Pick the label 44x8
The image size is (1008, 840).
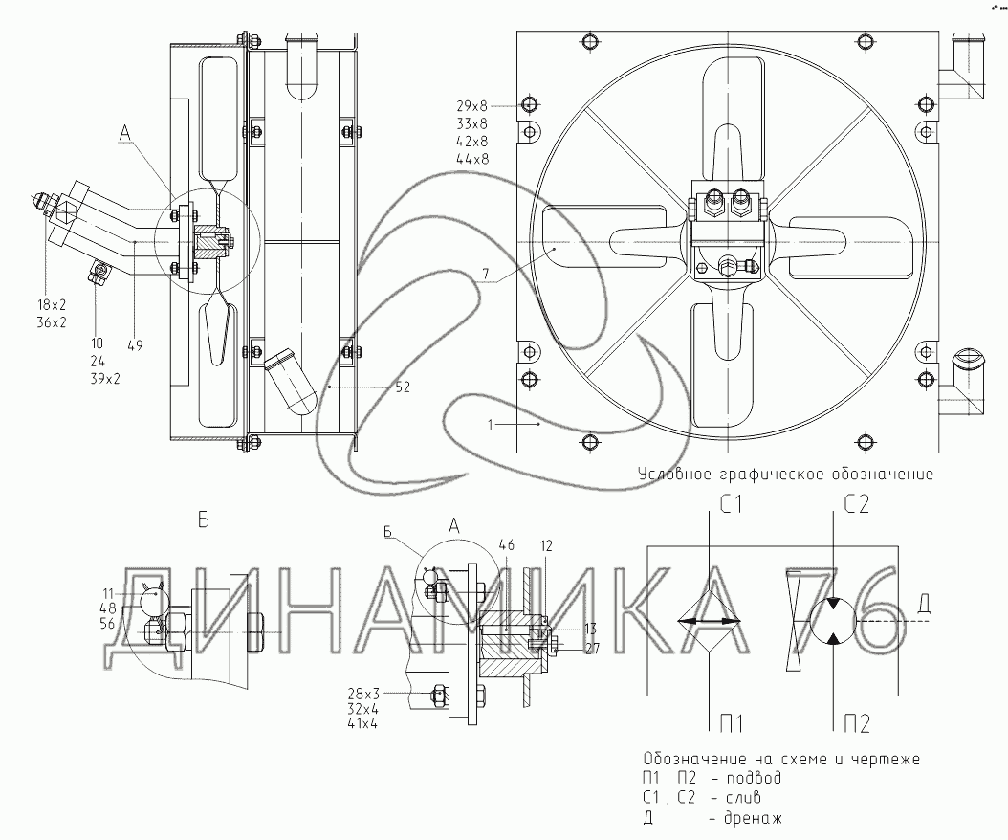[472, 160]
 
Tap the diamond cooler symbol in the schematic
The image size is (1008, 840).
[709, 622]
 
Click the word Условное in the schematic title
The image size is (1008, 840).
[673, 474]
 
